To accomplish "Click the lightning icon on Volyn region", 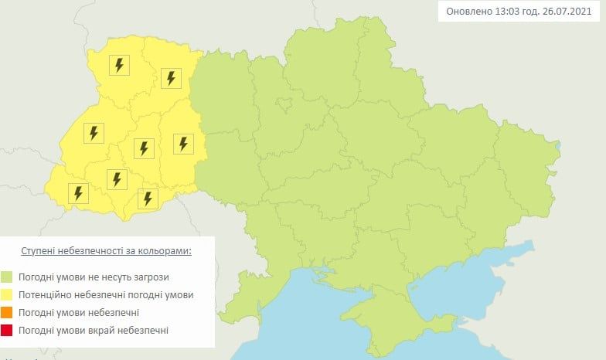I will (119, 65).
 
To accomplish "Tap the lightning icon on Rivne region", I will (171, 77).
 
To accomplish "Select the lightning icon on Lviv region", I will (94, 133).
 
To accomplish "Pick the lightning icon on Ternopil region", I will (143, 147).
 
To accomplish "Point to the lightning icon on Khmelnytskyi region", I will (183, 143).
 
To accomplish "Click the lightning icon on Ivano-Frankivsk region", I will (117, 179).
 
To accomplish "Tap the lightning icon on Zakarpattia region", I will (77, 192).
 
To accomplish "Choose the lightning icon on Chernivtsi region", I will (148, 198).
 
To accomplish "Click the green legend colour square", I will (8, 277).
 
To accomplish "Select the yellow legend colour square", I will (8, 294).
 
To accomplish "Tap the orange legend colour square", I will (8, 312).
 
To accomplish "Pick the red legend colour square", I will (8, 330).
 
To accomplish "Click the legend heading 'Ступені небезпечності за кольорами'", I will (105, 252).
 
